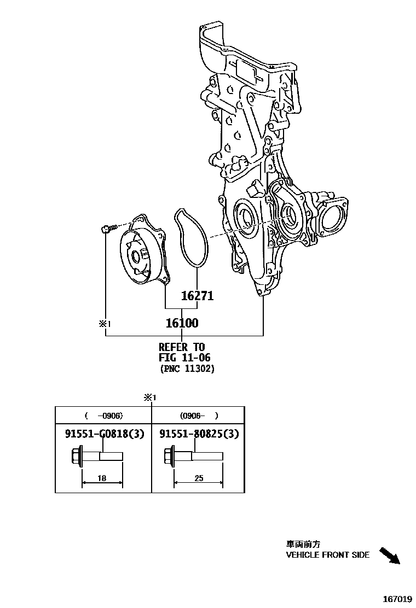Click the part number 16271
(197, 296)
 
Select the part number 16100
(182, 323)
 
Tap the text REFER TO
(181, 347)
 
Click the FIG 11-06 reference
(184, 358)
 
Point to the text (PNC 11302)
(187, 369)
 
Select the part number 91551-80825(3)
(199, 434)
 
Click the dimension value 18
(102, 478)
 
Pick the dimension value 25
(198, 478)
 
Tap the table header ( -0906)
(102, 415)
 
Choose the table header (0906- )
(198, 415)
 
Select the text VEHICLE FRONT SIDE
(327, 554)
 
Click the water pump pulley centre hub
(136, 258)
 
